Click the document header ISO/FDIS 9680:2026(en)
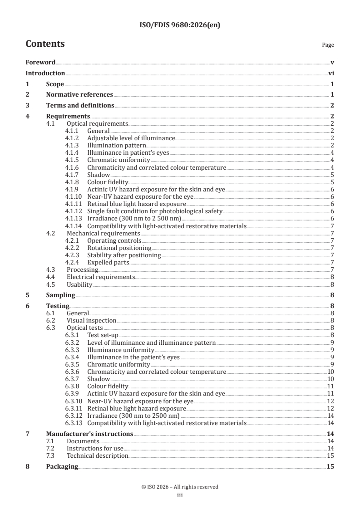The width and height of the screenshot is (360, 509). pyautogui.click(x=180, y=25)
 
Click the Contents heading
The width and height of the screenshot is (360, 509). pyautogui.click(x=45, y=44)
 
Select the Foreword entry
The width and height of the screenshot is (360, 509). pyautogui.click(x=40, y=62)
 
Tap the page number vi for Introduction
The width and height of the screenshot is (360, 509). pyautogui.click(x=331, y=73)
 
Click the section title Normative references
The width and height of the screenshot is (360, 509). pyautogui.click(x=79, y=95)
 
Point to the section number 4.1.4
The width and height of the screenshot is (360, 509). pyautogui.click(x=72, y=153)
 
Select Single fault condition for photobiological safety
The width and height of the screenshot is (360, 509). pyautogui.click(x=154, y=211)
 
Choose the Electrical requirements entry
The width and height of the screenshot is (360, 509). pyautogui.click(x=100, y=277)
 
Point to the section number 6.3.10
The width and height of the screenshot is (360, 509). pyautogui.click(x=73, y=401)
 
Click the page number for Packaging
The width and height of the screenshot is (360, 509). pyautogui.click(x=330, y=467)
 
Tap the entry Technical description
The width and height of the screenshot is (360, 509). pyautogui.click(x=97, y=455)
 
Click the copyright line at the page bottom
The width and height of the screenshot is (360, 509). pyautogui.click(x=180, y=487)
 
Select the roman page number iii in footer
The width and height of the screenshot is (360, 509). pyautogui.click(x=180, y=495)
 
